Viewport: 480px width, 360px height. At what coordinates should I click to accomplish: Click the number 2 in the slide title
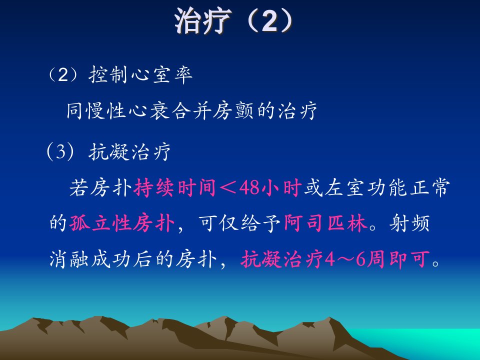269,21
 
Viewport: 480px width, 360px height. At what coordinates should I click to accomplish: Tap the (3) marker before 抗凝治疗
60,151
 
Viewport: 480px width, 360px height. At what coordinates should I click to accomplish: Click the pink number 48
250,187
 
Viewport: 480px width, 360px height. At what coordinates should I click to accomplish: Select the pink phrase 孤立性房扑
122,223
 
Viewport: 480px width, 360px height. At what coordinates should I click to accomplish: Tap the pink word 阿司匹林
325,223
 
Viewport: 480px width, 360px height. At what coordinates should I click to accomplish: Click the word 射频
409,223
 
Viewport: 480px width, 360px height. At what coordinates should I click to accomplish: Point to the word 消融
69,259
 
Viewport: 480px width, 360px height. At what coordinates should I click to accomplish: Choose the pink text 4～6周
356,259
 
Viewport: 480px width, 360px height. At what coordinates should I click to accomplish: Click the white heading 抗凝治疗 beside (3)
129,151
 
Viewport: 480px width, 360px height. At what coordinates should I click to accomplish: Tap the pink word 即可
409,259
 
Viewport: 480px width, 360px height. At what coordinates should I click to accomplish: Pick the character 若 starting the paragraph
79,187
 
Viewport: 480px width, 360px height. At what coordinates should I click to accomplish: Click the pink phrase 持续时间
175,187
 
